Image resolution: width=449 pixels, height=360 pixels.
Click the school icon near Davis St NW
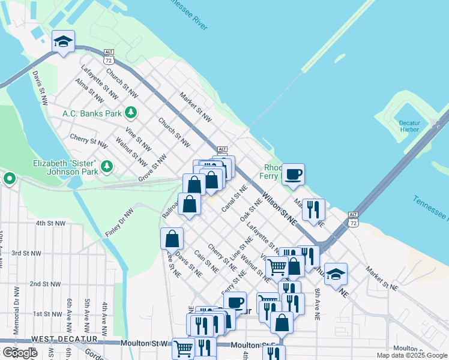coord(63,42)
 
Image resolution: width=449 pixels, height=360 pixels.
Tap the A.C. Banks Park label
coord(92,113)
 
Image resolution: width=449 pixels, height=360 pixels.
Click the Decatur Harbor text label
coord(409,127)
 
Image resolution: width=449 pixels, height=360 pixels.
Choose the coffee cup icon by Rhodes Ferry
coord(293,175)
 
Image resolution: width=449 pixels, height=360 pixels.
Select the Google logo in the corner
coord(20,353)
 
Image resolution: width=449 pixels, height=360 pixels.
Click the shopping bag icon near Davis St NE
coord(172,238)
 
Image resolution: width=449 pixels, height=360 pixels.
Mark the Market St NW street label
coord(196,106)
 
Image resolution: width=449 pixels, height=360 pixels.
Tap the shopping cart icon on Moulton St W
coord(183,347)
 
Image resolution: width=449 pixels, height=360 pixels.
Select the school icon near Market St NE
coord(336,274)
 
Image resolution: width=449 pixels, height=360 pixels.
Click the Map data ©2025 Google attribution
coord(412,355)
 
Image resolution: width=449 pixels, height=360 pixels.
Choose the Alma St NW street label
coord(89,90)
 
